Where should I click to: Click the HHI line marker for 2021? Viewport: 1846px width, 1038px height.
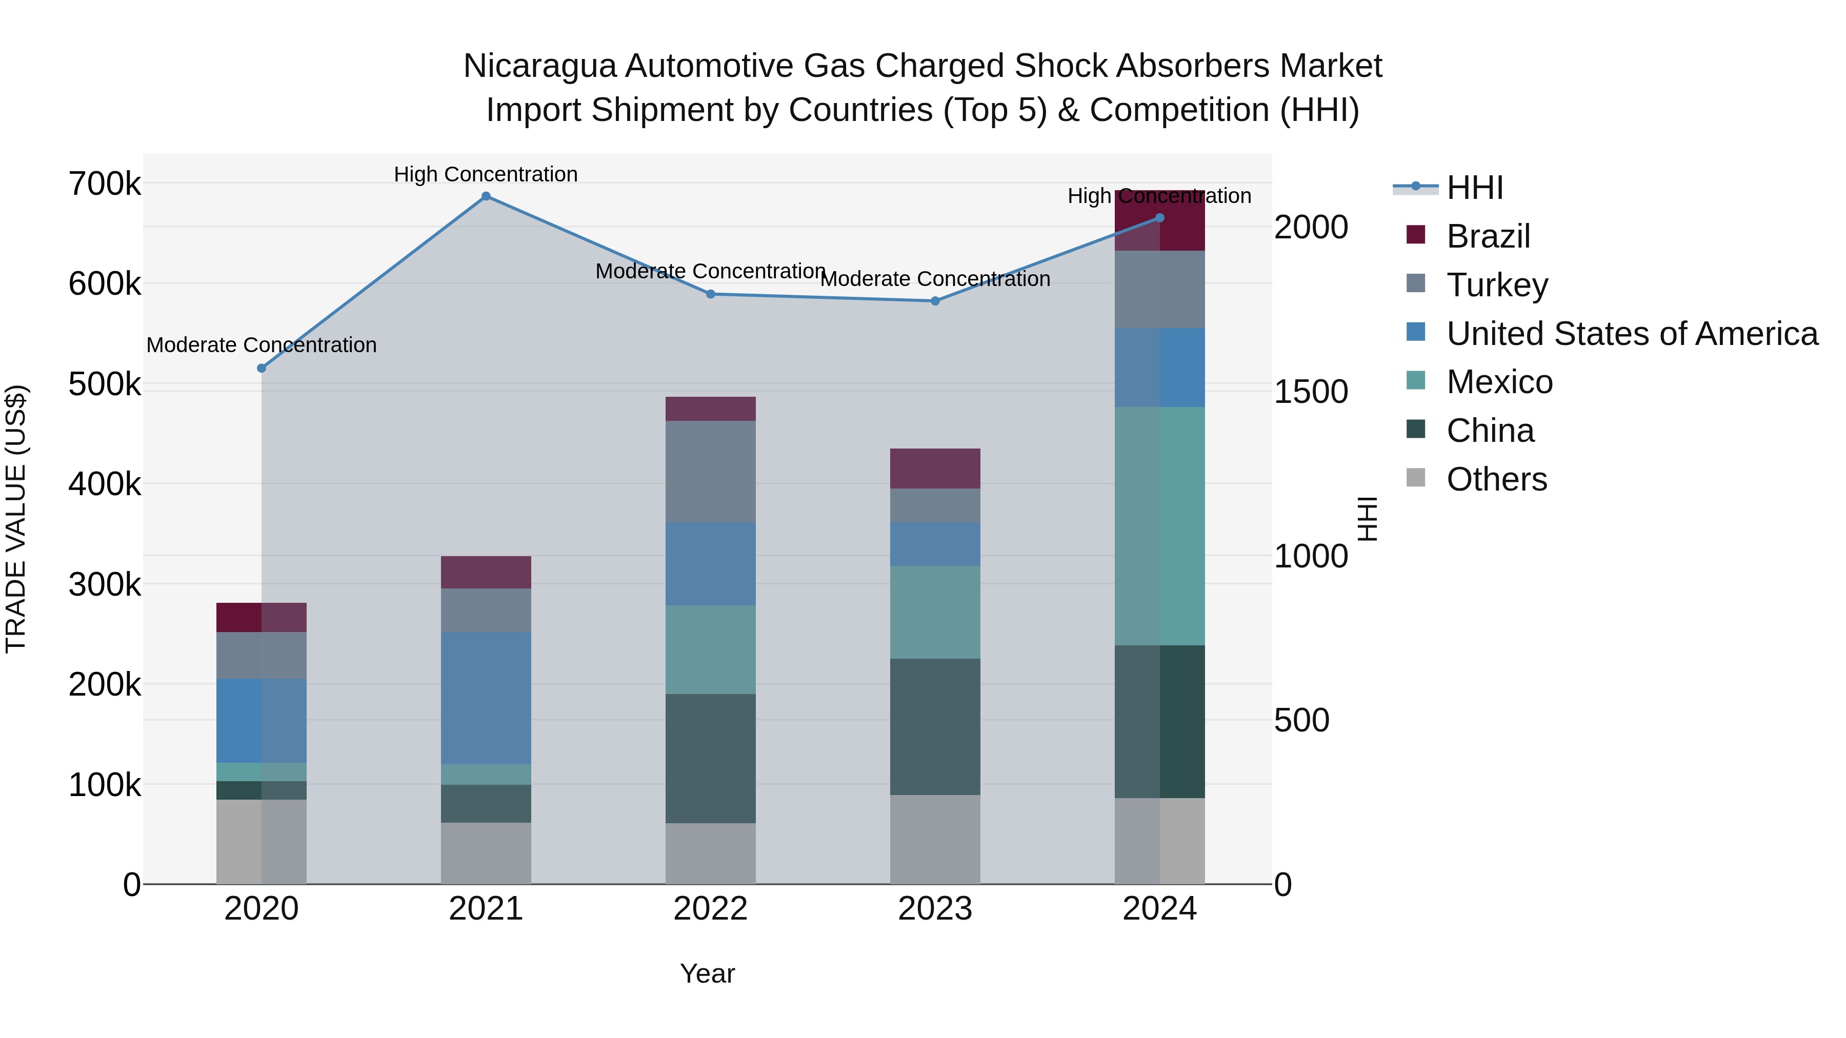click(x=486, y=196)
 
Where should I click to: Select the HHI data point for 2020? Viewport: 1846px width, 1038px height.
click(x=262, y=368)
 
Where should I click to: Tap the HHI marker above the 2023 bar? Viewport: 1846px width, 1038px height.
click(x=935, y=301)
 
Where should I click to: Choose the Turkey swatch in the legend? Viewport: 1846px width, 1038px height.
click(x=1416, y=283)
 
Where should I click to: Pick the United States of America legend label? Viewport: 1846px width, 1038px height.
click(x=1632, y=334)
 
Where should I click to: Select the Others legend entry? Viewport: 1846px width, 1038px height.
click(x=1496, y=479)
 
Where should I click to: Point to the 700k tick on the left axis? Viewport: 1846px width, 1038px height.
click(x=105, y=184)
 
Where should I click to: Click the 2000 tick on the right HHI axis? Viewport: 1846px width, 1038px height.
click(x=1311, y=227)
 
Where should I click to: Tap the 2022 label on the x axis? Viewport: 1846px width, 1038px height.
click(x=710, y=909)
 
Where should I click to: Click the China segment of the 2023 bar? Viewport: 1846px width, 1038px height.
click(x=935, y=726)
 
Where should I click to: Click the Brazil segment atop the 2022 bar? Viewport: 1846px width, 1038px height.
click(x=710, y=409)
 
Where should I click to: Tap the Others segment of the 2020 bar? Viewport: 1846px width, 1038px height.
click(x=262, y=842)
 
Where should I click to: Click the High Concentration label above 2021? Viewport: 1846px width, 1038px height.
click(x=486, y=174)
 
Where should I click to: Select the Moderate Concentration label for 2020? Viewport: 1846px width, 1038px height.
click(x=262, y=345)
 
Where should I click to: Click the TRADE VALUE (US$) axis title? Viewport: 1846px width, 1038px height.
click(x=16, y=519)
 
